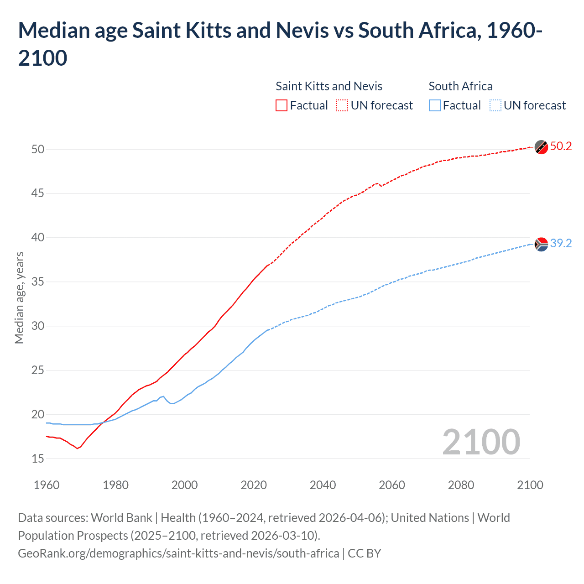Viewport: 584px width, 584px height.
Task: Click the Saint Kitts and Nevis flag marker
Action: pyautogui.click(x=541, y=147)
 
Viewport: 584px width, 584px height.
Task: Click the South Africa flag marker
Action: pyautogui.click(x=541, y=245)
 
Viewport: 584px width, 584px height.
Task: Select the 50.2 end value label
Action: pyautogui.click(x=561, y=146)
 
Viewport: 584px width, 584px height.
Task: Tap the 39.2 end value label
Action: pyautogui.click(x=561, y=244)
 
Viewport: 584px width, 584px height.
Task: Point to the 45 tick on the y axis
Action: pyautogui.click(x=38, y=193)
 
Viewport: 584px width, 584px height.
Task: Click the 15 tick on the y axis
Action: pyautogui.click(x=38, y=459)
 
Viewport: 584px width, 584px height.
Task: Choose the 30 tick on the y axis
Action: pyautogui.click(x=38, y=326)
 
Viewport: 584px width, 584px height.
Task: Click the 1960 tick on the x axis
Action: pyautogui.click(x=47, y=485)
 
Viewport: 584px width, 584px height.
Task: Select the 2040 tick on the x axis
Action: pyautogui.click(x=323, y=485)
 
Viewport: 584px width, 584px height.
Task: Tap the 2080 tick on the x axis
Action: pyautogui.click(x=461, y=485)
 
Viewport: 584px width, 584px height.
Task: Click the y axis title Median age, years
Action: pyautogui.click(x=19, y=297)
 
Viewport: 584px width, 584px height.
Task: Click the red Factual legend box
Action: pyautogui.click(x=282, y=105)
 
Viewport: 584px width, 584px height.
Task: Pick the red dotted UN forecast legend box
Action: pyautogui.click(x=342, y=105)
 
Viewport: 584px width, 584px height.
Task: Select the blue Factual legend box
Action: pyautogui.click(x=435, y=105)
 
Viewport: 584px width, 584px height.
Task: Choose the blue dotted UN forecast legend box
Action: pyautogui.click(x=495, y=105)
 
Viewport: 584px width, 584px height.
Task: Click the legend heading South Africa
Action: pyautogui.click(x=460, y=86)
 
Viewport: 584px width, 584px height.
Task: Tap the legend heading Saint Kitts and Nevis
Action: pyautogui.click(x=329, y=86)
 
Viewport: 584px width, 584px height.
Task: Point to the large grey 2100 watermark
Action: pyautogui.click(x=481, y=442)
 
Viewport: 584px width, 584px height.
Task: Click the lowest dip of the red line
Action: pyautogui.click(x=77, y=448)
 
